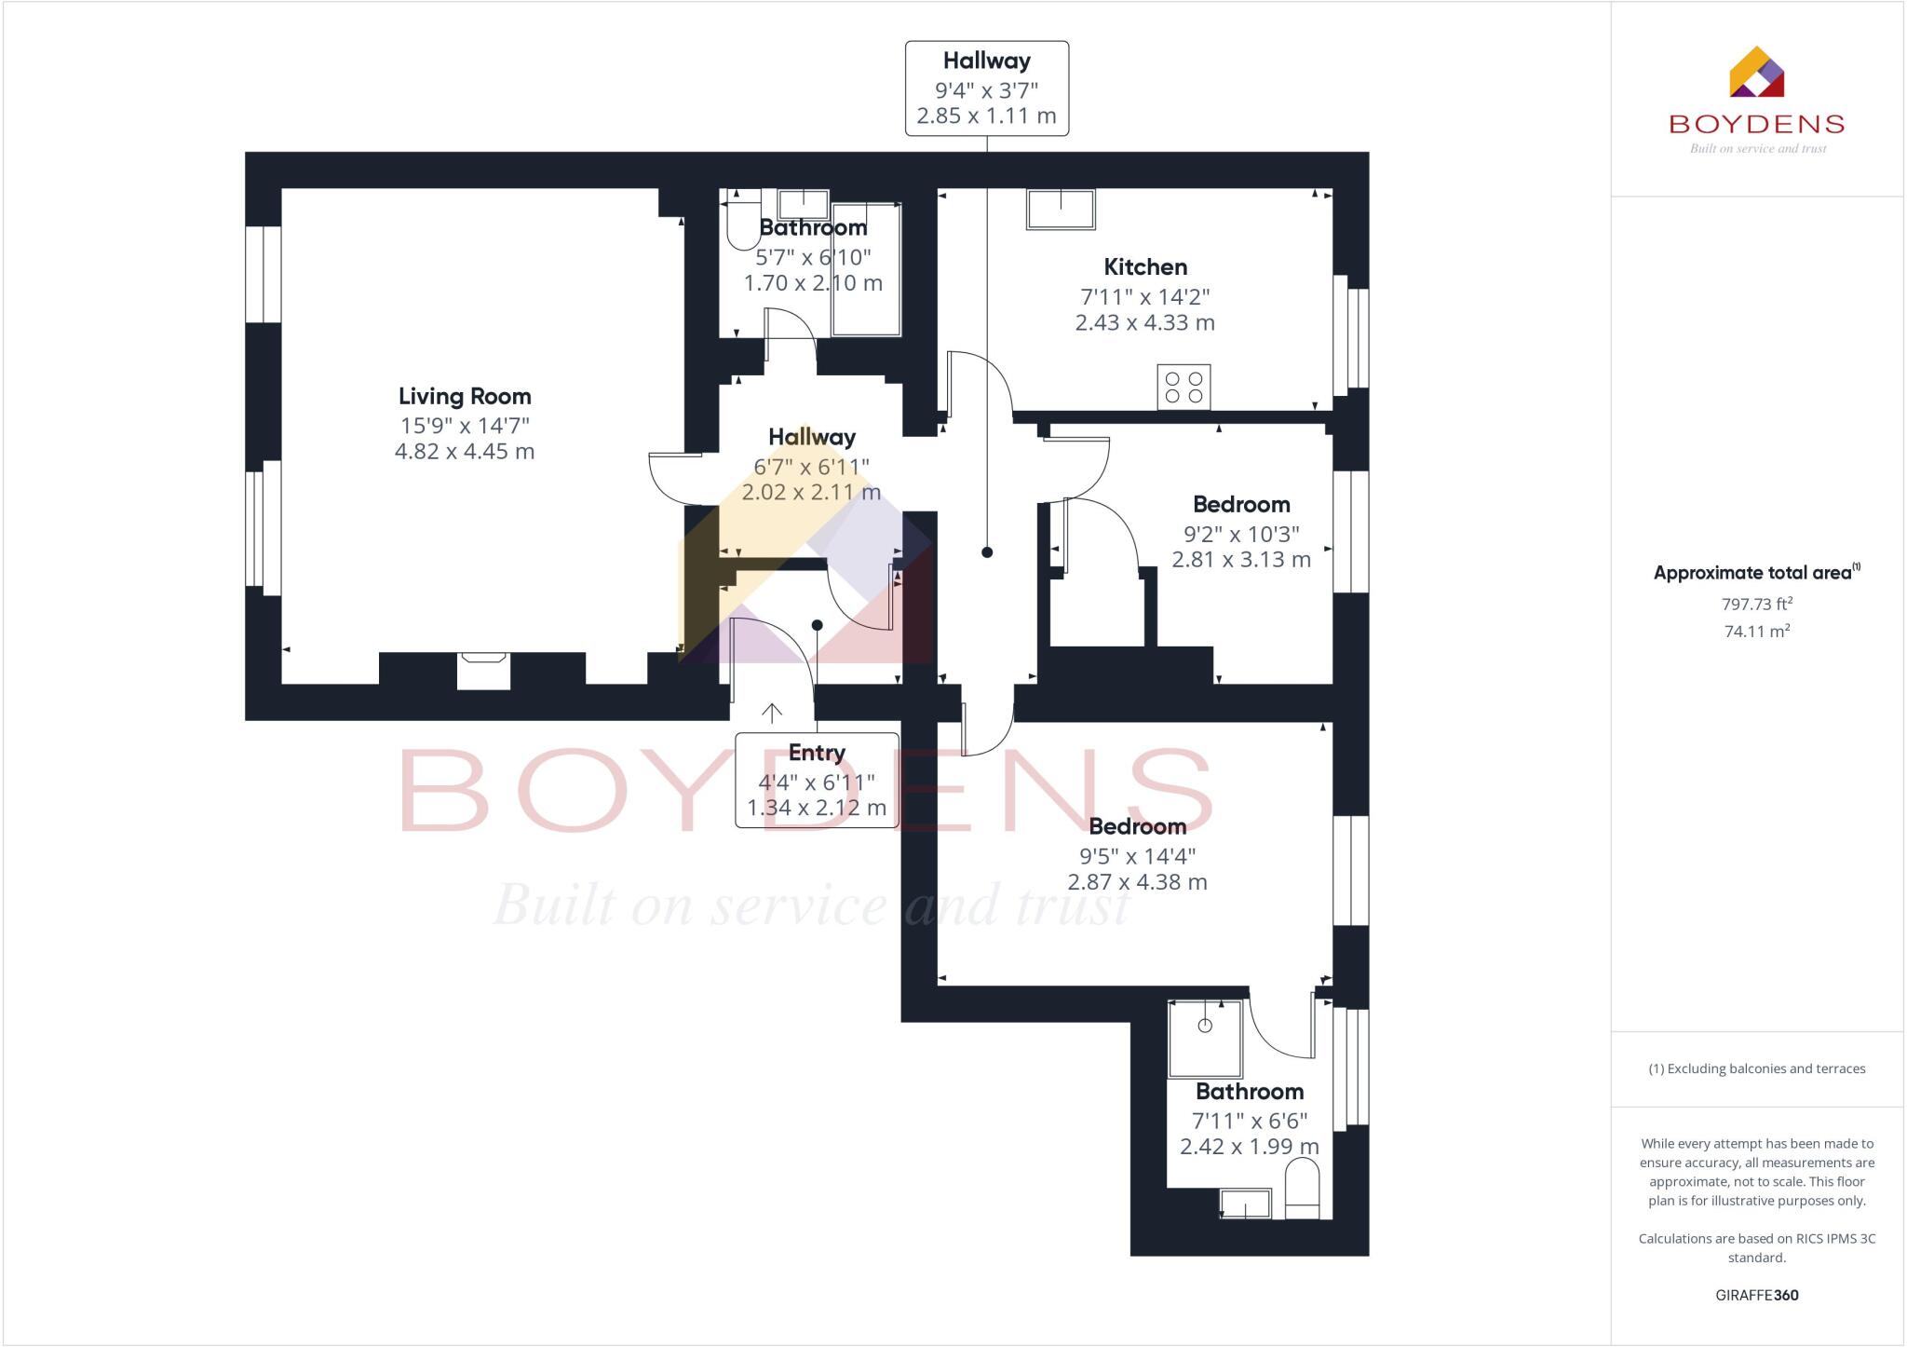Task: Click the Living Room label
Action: (465, 396)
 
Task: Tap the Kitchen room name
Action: (1144, 267)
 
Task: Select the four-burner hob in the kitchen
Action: (1183, 388)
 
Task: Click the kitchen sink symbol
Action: (1061, 209)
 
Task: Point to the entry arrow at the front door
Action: (772, 713)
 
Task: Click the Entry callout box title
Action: (817, 753)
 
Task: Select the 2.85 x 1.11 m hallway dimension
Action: (986, 116)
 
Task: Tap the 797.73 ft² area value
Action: (1756, 605)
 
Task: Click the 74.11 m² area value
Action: (1756, 632)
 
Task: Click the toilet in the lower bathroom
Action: (1302, 1196)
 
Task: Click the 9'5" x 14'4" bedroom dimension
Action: (1137, 856)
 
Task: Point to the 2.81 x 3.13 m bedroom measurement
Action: (1240, 560)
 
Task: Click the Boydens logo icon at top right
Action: (1756, 74)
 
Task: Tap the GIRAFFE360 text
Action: (1756, 1295)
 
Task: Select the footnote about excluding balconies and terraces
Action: (1756, 1068)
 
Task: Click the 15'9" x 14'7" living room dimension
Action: (465, 426)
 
